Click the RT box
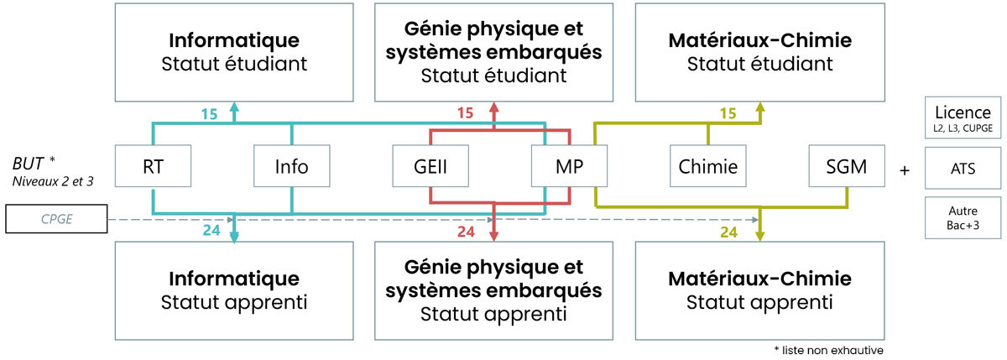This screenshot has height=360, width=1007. [153, 166]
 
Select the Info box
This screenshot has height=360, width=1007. [291, 166]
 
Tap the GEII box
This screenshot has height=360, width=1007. [430, 166]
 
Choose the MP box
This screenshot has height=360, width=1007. [571, 166]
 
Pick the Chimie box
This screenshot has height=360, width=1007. [709, 166]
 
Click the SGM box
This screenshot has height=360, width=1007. [848, 166]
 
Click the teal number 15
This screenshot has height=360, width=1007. [208, 112]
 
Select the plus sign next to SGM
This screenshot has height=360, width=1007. [905, 170]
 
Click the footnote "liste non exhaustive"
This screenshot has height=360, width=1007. [828, 349]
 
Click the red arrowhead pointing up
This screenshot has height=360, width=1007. [493, 107]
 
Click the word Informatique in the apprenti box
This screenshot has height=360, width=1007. [234, 278]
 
